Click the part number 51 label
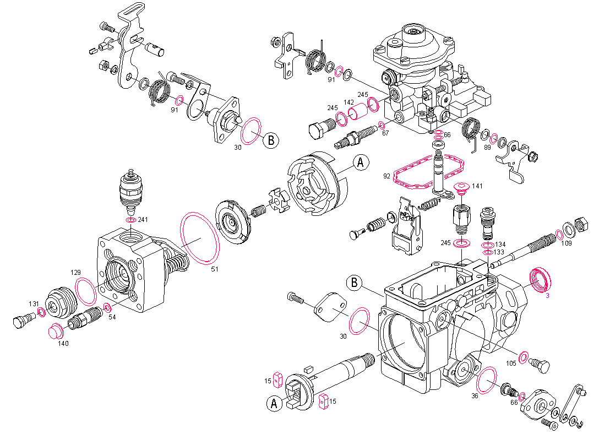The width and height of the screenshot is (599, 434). pos(215,269)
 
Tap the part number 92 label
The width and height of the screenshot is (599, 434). pos(386,177)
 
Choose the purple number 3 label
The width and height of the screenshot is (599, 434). pos(547,295)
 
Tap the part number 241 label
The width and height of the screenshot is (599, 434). pos(143,219)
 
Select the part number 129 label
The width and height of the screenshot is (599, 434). pos(76,273)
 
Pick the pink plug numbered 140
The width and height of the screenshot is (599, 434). pos(56,332)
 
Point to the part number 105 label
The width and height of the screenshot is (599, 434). pos(511,363)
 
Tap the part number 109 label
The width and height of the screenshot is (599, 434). pos(567,243)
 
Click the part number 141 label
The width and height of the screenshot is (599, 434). pos(477,186)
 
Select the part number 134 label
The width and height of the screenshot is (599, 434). pos(499,244)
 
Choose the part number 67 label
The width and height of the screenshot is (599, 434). pos(385,133)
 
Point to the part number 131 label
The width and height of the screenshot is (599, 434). pos(34,303)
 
